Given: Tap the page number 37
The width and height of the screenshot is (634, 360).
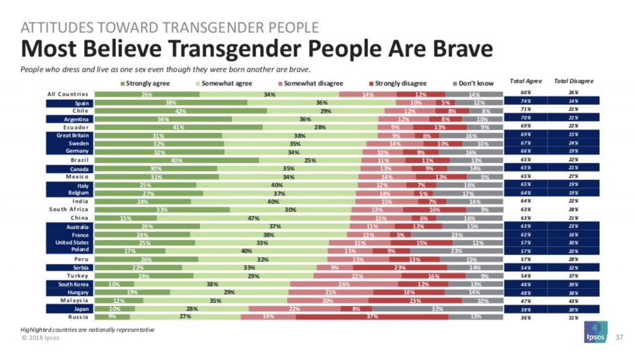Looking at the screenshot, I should [619, 338].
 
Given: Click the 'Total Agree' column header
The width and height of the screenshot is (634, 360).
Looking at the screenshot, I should [525, 81].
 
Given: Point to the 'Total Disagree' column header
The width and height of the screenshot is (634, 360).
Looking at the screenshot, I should [573, 81].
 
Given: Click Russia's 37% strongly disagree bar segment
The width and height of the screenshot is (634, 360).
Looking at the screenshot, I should [371, 317].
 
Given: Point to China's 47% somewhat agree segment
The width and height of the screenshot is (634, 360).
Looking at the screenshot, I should [253, 218].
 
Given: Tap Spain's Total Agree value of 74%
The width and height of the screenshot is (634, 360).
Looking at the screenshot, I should [525, 103].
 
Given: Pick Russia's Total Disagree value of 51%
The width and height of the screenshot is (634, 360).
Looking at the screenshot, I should [574, 317].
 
